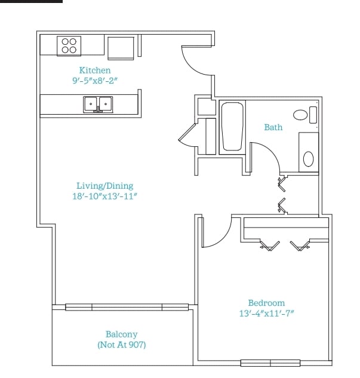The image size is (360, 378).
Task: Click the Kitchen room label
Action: [x=95, y=70]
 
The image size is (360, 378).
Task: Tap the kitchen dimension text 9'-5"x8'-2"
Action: [x=95, y=80]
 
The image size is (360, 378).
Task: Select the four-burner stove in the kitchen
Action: [x=69, y=46]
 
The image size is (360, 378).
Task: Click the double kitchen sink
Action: [x=98, y=105]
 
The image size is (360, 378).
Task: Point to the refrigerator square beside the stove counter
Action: [x=121, y=48]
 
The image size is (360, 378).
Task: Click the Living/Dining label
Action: [x=105, y=186]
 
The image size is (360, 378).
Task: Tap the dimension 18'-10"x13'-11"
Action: [x=104, y=196]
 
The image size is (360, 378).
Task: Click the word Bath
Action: [x=273, y=127]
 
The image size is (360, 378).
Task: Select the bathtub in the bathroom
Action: [x=232, y=127]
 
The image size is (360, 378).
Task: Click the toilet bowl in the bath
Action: [x=300, y=115]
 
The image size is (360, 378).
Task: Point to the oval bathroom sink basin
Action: [x=308, y=159]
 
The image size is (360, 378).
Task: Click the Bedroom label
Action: [x=266, y=303]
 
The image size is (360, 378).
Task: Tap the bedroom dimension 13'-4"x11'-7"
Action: [x=266, y=314]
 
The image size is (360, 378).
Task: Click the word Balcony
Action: [x=121, y=334]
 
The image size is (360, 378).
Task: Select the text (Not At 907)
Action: [x=122, y=345]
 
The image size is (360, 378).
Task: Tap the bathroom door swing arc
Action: [x=272, y=152]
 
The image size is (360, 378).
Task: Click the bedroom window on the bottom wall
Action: [x=270, y=363]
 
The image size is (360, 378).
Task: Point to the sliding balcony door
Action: [x=127, y=307]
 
